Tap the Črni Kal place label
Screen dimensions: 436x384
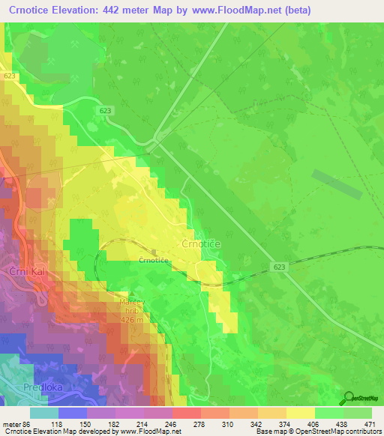[x=18, y=270]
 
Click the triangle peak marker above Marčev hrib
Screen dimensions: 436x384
[x=132, y=295]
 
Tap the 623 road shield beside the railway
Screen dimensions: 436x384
[x=280, y=267]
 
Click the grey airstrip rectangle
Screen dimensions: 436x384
[x=335, y=184]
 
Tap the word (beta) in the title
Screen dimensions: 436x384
[x=292, y=10]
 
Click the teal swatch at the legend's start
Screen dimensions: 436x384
[x=43, y=413]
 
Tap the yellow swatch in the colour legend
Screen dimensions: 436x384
[x=300, y=413]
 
